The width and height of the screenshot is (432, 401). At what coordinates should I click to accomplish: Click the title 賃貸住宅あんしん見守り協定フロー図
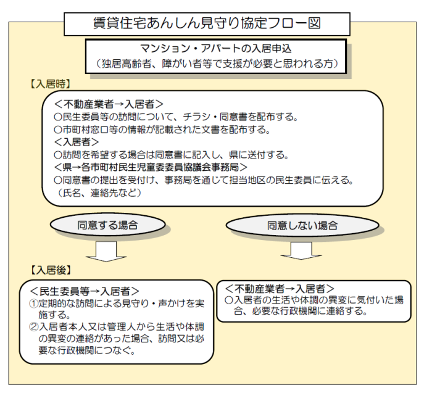coord(207,23)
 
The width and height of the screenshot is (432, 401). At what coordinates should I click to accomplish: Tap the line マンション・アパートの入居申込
coord(216,49)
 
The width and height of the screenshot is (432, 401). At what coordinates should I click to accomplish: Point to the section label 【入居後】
coord(50,270)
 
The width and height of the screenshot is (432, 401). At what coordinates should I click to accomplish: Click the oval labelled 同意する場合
coord(108,225)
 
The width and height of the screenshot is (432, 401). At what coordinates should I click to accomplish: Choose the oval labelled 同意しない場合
coord(302,225)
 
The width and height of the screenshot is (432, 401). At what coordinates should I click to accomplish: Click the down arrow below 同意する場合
coord(106,252)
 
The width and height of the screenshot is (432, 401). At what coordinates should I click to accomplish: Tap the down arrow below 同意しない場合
coord(301,250)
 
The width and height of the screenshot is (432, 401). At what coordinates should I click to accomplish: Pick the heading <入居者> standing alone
coord(77,142)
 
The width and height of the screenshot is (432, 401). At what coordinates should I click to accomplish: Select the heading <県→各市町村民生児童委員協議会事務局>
coord(151,167)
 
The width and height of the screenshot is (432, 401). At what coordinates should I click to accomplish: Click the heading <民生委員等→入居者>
coord(85,291)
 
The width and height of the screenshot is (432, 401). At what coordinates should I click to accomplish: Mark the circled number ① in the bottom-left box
coord(33,304)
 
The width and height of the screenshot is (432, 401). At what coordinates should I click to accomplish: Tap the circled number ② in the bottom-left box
coord(33,327)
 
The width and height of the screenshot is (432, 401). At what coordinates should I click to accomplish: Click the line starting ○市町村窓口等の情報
coord(162,130)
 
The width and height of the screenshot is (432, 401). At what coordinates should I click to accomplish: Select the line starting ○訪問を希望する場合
coord(171,155)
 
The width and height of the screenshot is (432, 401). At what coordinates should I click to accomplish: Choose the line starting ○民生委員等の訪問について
coord(176,117)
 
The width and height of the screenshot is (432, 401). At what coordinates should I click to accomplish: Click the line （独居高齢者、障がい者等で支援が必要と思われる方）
coord(216,64)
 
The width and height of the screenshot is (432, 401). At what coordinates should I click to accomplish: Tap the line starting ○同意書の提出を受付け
coord(204,180)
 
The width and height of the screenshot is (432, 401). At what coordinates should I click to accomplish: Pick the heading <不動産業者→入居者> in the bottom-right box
coord(280,289)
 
